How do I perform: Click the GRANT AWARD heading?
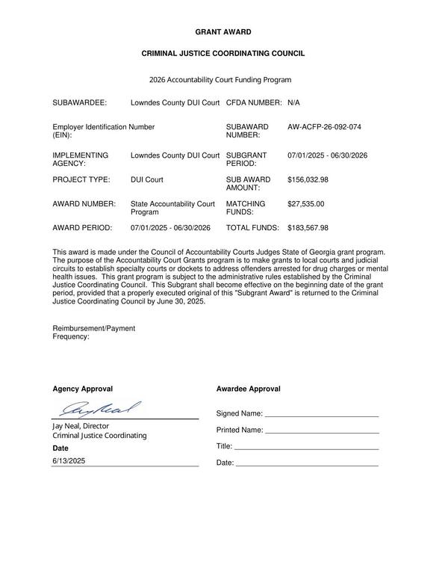[x=223, y=32]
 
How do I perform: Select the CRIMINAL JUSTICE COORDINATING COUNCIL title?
[x=223, y=54]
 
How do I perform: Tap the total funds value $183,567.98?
[x=308, y=228]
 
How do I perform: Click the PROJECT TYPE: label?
[x=81, y=179]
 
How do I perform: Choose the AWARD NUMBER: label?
[x=84, y=203]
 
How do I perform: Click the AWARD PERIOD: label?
[x=82, y=228]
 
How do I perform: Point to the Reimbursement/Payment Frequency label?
[x=93, y=333]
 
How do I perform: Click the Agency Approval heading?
[x=82, y=389]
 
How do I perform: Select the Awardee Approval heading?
[x=249, y=389]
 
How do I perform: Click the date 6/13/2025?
[x=69, y=461]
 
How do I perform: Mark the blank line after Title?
[x=307, y=448]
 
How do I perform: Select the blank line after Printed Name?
[x=323, y=431]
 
